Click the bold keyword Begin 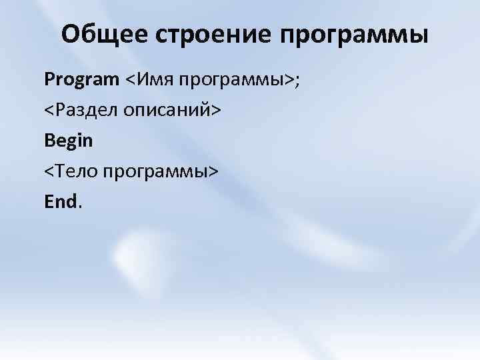69,141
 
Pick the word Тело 77,171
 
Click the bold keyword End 61,201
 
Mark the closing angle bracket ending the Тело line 213,172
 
